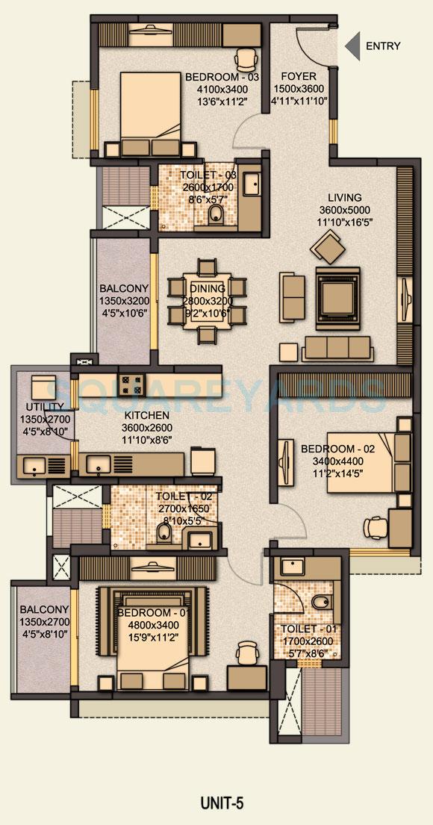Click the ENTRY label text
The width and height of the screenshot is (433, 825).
(x=382, y=46)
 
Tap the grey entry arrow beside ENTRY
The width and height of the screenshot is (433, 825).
(x=351, y=46)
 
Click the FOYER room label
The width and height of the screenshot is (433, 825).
(x=298, y=77)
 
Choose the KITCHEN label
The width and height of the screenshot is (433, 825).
(x=147, y=415)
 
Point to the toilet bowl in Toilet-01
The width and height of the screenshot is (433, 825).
(x=320, y=603)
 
